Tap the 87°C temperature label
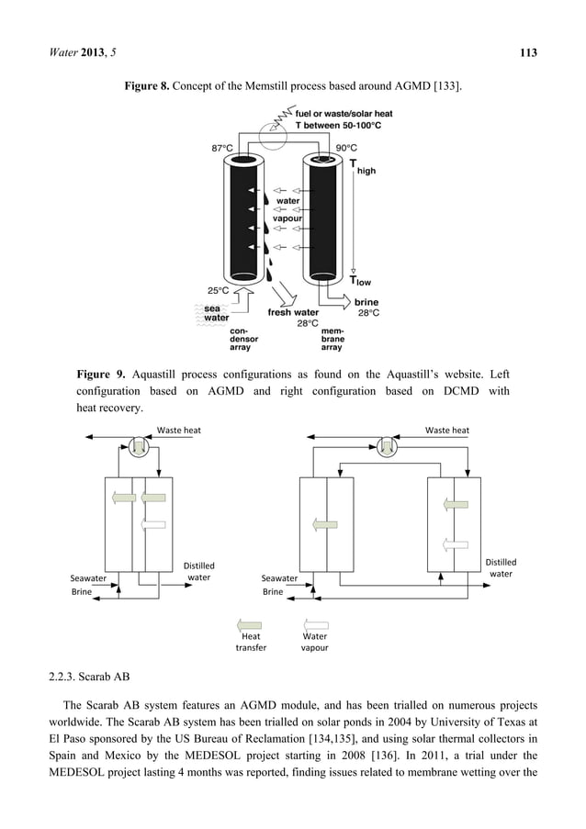pyautogui.click(x=224, y=147)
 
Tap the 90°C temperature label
pyautogui.click(x=345, y=147)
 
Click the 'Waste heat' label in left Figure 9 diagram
pyautogui.click(x=179, y=430)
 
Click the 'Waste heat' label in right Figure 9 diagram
pyautogui.click(x=447, y=430)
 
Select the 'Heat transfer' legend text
pyautogui.click(x=251, y=641)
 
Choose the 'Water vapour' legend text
pyautogui.click(x=315, y=641)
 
